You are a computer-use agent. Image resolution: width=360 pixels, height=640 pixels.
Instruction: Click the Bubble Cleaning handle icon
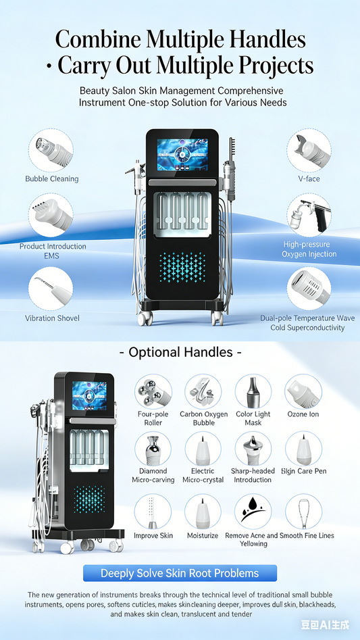pos(51,150)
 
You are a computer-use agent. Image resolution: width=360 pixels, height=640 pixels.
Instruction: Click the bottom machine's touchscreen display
pos(89,397)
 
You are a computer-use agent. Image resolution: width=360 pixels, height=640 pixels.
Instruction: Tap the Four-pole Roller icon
pos(153,393)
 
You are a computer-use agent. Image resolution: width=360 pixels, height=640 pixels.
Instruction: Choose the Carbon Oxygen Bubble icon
pos(203,393)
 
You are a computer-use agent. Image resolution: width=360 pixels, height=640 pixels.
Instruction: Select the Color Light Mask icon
pos(253,393)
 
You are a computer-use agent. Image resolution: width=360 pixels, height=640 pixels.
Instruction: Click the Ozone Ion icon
pos(303,393)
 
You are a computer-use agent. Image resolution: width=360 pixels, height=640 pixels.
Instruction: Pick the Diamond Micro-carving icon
pos(153,449)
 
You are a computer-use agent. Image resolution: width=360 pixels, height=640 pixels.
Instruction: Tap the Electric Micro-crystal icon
pos(203,449)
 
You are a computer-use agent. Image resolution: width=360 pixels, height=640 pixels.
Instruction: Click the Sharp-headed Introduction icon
pos(253,449)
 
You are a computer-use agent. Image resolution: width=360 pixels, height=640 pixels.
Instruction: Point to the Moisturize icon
pos(203,512)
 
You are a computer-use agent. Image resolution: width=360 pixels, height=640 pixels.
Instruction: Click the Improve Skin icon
pos(153,512)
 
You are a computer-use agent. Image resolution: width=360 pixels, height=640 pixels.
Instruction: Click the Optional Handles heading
pos(180,352)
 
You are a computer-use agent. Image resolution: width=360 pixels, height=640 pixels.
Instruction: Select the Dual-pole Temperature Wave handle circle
pos(309,289)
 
